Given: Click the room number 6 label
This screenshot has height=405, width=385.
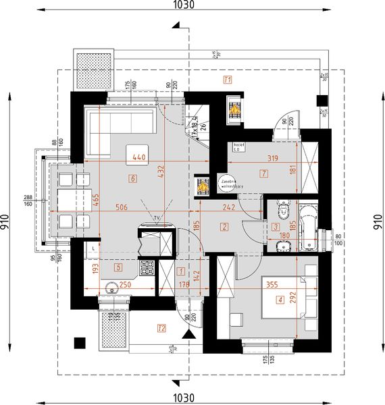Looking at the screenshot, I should [x=133, y=179].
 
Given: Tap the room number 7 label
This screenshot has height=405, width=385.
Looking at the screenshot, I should [x=263, y=173].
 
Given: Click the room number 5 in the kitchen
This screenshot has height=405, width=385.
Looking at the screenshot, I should [x=118, y=267].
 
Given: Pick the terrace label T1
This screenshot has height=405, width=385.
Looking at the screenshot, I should [x=228, y=80].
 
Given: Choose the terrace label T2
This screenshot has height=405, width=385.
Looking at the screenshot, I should [x=161, y=329].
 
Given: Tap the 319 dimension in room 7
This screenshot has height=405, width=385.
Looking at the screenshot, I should [x=268, y=160].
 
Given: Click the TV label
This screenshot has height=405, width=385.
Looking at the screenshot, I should [x=156, y=217].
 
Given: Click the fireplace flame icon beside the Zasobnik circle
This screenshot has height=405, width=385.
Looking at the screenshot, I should [x=201, y=184].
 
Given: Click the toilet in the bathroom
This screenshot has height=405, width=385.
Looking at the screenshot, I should [x=282, y=210].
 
